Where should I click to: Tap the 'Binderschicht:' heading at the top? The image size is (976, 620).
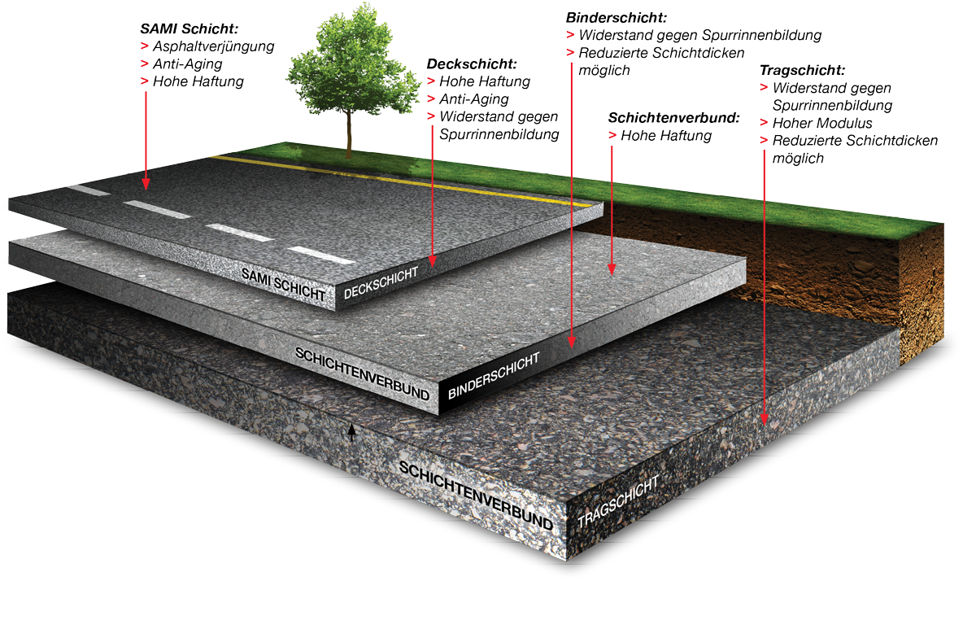click(616, 17)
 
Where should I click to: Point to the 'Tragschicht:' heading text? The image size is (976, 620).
click(801, 71)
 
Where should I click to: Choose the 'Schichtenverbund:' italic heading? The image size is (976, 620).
click(674, 118)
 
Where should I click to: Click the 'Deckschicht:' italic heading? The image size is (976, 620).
click(471, 63)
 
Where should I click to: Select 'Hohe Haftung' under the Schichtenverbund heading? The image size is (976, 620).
click(665, 136)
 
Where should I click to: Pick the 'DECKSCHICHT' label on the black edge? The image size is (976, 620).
click(381, 282)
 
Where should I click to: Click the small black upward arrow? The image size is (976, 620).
click(351, 432)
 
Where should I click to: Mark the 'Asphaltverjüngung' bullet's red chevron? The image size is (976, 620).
click(144, 46)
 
